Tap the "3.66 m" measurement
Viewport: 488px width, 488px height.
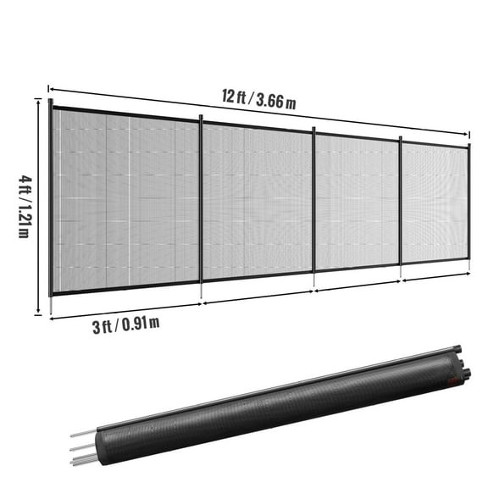click(274, 102)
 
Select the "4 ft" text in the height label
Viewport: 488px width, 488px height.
click(22, 185)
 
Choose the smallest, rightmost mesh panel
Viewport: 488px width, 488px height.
click(434, 203)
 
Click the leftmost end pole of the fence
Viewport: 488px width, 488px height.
click(51, 203)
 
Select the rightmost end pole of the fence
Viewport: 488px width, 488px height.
click(469, 203)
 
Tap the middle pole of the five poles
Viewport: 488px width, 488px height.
click(314, 208)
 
